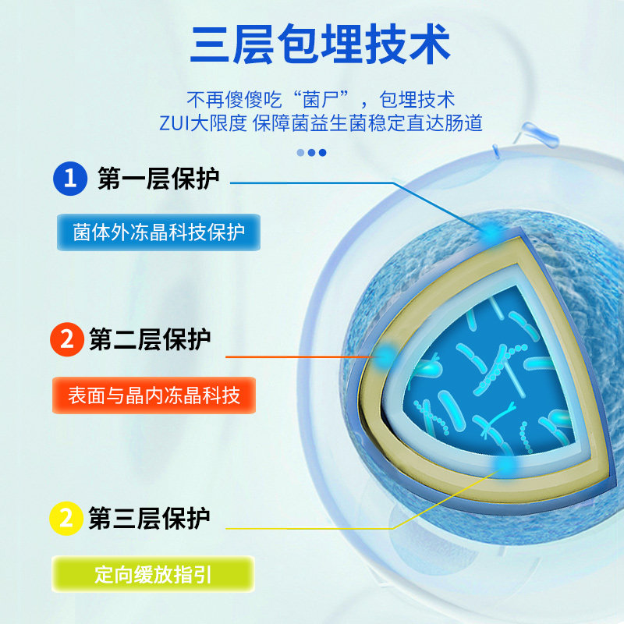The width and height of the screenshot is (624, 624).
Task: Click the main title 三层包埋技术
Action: coord(320,44)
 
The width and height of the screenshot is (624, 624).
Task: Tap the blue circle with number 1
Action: coord(70,179)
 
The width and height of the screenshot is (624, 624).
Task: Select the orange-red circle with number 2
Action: coord(67,339)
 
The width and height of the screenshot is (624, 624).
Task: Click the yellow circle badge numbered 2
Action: coord(66,518)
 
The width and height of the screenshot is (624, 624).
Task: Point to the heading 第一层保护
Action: coord(158,179)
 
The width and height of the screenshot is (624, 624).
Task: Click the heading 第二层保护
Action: coord(150,339)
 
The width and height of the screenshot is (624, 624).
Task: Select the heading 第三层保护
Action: coord(149,518)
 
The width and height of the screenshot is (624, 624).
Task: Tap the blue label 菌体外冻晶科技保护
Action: coord(158,232)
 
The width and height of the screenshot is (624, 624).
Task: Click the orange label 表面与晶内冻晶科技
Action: coord(154,395)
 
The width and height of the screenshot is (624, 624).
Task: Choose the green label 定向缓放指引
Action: coord(153,574)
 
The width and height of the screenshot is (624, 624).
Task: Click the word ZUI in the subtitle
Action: coord(174,123)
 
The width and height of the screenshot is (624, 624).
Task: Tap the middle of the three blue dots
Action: coord(311,152)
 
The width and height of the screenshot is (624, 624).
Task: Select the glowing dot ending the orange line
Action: coord(385,356)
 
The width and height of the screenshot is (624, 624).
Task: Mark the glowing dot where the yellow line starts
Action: coord(505,465)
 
